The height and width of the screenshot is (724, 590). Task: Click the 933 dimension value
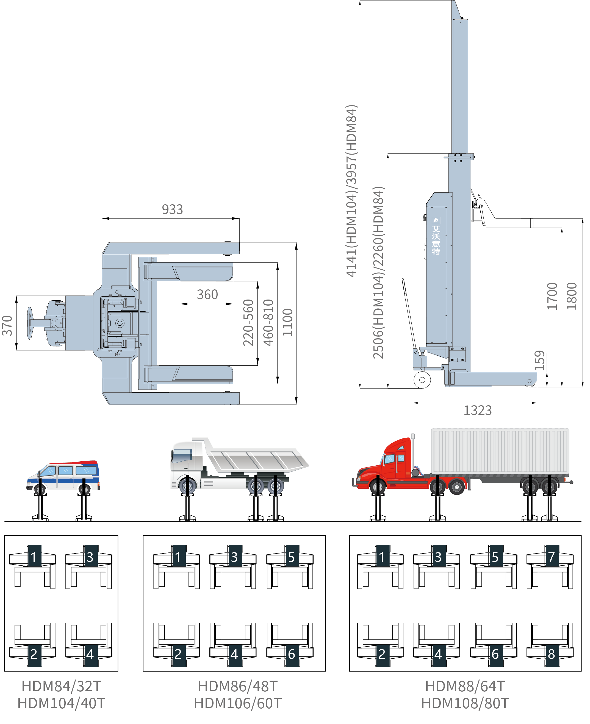(x=172, y=209)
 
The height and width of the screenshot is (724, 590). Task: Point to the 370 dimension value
(x=7, y=326)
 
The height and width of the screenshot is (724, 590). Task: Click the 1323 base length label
(x=478, y=410)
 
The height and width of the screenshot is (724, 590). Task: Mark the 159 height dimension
(x=540, y=361)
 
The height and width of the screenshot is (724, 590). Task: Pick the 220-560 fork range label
(x=248, y=323)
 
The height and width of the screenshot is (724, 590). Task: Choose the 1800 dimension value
(x=572, y=296)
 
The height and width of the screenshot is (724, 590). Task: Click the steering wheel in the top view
(x=30, y=323)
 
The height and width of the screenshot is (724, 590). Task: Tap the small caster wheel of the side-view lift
(x=422, y=380)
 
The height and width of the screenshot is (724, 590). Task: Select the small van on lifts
(x=63, y=476)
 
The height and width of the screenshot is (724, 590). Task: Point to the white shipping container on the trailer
(x=500, y=451)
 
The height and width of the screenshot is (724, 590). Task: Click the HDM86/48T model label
(x=237, y=686)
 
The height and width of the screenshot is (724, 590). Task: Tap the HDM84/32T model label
(x=62, y=686)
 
